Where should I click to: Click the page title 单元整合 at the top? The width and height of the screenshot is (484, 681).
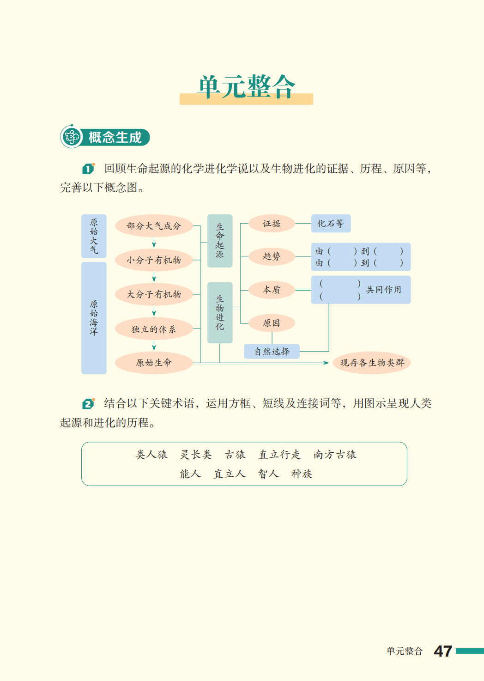click(247, 87)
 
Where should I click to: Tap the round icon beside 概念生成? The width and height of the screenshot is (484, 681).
click(72, 137)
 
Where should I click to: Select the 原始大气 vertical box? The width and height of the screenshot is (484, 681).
click(94, 236)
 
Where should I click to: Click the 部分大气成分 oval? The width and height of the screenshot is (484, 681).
click(154, 226)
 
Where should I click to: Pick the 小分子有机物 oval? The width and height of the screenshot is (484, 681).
click(154, 260)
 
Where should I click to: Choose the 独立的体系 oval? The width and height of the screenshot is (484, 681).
click(154, 329)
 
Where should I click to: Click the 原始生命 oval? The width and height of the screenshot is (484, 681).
click(154, 363)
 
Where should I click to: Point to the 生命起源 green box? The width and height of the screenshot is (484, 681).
click(220, 241)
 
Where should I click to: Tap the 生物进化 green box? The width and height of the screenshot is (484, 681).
click(220, 312)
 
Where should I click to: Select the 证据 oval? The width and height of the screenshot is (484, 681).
click(272, 224)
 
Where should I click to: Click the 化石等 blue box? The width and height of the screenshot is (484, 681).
click(331, 224)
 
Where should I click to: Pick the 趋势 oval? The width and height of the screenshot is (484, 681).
click(272, 256)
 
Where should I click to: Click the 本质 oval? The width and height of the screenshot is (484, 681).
click(272, 290)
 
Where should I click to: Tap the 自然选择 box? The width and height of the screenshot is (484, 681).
click(272, 352)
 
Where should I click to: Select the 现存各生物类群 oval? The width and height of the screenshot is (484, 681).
click(372, 363)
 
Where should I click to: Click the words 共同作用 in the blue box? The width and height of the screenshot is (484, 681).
click(383, 290)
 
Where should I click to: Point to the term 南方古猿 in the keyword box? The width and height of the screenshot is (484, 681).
click(335, 455)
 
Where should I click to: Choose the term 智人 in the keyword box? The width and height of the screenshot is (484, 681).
click(269, 474)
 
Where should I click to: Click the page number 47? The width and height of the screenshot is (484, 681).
click(443, 651)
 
